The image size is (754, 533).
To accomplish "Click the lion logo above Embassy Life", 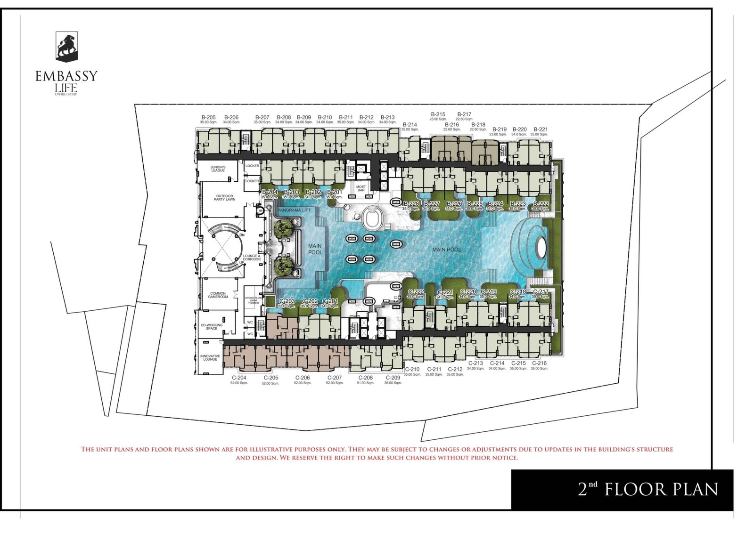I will (x=66, y=47).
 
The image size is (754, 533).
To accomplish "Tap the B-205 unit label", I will (x=208, y=118).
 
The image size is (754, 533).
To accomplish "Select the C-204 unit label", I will (x=239, y=378).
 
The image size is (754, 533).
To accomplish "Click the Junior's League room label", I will (x=218, y=169).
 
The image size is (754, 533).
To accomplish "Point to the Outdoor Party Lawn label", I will (x=224, y=198).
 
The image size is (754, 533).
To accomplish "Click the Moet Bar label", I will (x=361, y=188).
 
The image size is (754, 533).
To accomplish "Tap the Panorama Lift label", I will (x=294, y=210).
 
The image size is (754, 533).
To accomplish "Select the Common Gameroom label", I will (x=218, y=295).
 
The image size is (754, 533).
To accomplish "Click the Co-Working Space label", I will (x=212, y=326).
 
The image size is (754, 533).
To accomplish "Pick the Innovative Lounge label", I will (x=210, y=358).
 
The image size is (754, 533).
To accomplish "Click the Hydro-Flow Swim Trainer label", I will (x=254, y=300).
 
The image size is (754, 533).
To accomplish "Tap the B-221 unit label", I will (x=541, y=129).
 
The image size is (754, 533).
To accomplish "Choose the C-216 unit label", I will (x=539, y=363).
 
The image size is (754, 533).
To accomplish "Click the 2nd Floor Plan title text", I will (x=648, y=490).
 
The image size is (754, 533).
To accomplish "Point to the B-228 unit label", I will (x=411, y=204).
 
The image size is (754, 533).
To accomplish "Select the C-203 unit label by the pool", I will (x=287, y=301).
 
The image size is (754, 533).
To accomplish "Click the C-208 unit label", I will (x=365, y=378).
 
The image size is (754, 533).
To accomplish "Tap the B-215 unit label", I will (x=438, y=114).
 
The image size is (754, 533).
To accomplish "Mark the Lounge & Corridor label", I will (x=252, y=258).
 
